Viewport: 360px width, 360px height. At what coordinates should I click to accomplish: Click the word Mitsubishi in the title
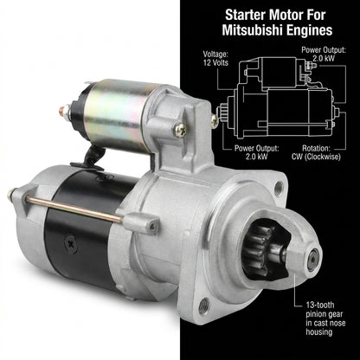pos(249,30)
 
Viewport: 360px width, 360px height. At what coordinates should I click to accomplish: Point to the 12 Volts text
pos(215,62)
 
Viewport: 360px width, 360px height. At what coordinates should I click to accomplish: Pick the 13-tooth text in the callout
pos(320,305)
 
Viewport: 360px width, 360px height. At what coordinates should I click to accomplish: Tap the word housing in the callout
pos(319,331)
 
